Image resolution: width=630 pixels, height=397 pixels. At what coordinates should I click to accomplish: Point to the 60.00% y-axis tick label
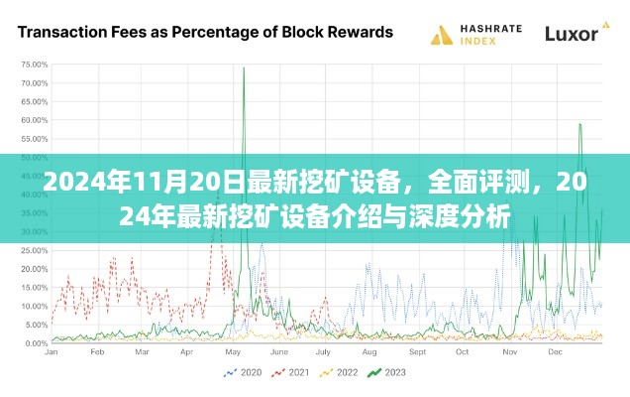(x=35, y=119)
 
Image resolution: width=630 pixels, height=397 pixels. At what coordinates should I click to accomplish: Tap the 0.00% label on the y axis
(x=37, y=343)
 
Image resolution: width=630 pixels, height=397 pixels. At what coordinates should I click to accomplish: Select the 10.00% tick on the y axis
(x=35, y=306)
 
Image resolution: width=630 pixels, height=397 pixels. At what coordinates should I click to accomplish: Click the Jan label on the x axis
(x=52, y=352)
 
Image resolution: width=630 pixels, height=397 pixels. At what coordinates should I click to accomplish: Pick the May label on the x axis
(x=233, y=352)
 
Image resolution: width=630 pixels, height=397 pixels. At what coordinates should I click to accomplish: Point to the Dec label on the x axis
(x=554, y=352)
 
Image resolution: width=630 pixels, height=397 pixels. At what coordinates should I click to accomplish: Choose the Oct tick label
(x=462, y=352)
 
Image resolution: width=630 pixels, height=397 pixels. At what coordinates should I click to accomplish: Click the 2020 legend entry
(x=247, y=374)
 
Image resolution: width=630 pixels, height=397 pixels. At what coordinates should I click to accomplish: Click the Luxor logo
(x=574, y=34)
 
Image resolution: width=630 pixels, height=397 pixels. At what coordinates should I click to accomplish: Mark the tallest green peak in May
(x=244, y=68)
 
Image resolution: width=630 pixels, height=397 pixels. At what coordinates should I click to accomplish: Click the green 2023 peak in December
(x=580, y=124)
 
